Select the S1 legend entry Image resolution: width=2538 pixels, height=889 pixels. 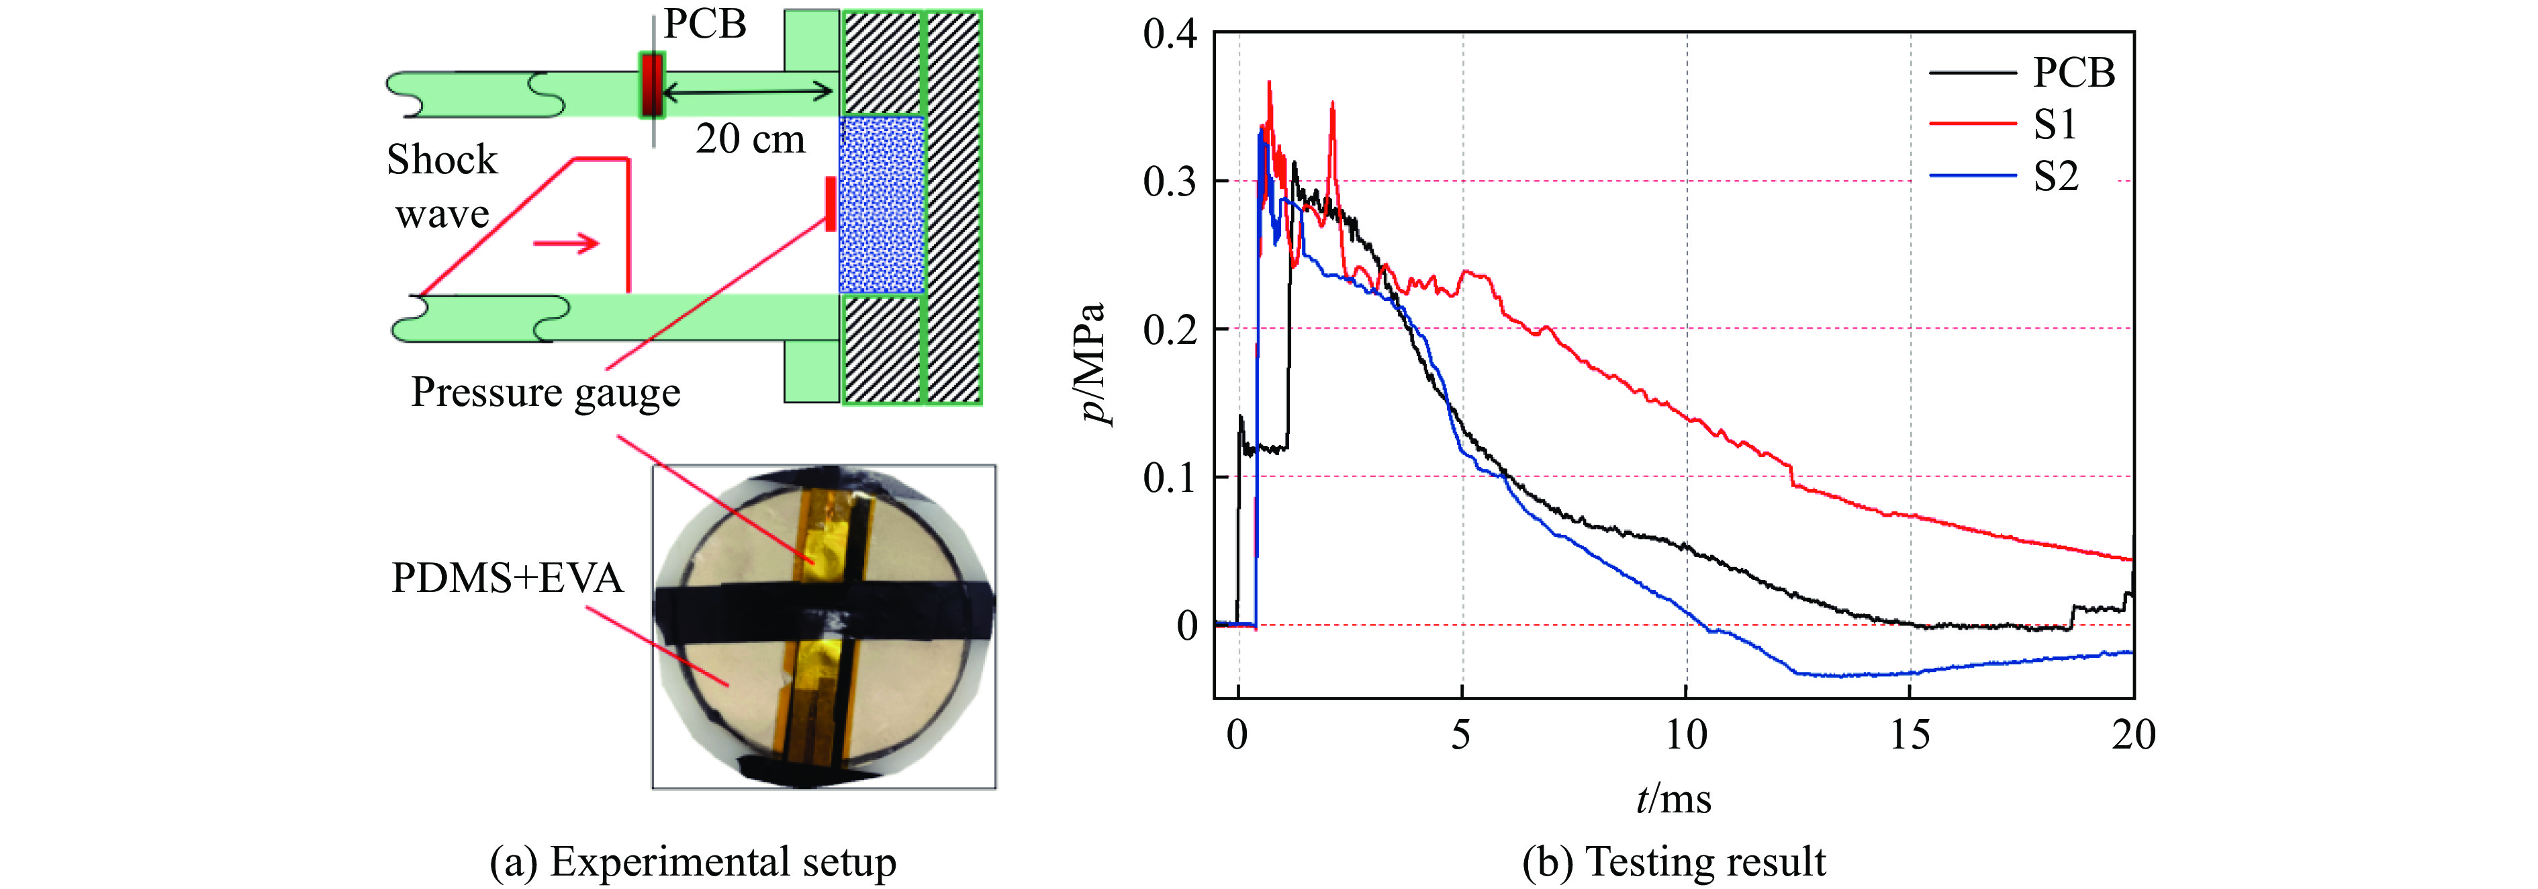click(x=2055, y=125)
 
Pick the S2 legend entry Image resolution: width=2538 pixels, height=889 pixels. click(x=2055, y=177)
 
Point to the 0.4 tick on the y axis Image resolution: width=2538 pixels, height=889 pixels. click(x=1170, y=34)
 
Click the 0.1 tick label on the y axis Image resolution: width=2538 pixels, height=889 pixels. click(x=1170, y=477)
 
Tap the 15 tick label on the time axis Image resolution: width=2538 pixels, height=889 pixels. click(x=1910, y=735)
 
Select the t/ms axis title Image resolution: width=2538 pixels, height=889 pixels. click(x=1673, y=798)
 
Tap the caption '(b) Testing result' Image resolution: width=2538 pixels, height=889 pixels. click(x=1673, y=861)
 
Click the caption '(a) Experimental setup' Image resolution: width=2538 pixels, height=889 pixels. click(x=693, y=861)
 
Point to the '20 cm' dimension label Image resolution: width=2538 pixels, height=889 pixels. click(x=750, y=139)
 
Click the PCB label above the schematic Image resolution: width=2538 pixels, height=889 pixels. click(x=704, y=24)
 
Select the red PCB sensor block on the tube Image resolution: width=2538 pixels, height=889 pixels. click(x=651, y=85)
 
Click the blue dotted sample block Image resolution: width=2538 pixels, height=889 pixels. click(x=881, y=205)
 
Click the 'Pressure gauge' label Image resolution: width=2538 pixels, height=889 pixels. click(x=545, y=392)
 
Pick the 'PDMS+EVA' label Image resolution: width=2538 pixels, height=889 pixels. click(x=508, y=578)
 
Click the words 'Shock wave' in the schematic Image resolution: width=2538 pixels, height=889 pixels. click(x=442, y=186)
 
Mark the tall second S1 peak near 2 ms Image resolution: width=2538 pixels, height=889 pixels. click(x=1332, y=104)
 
